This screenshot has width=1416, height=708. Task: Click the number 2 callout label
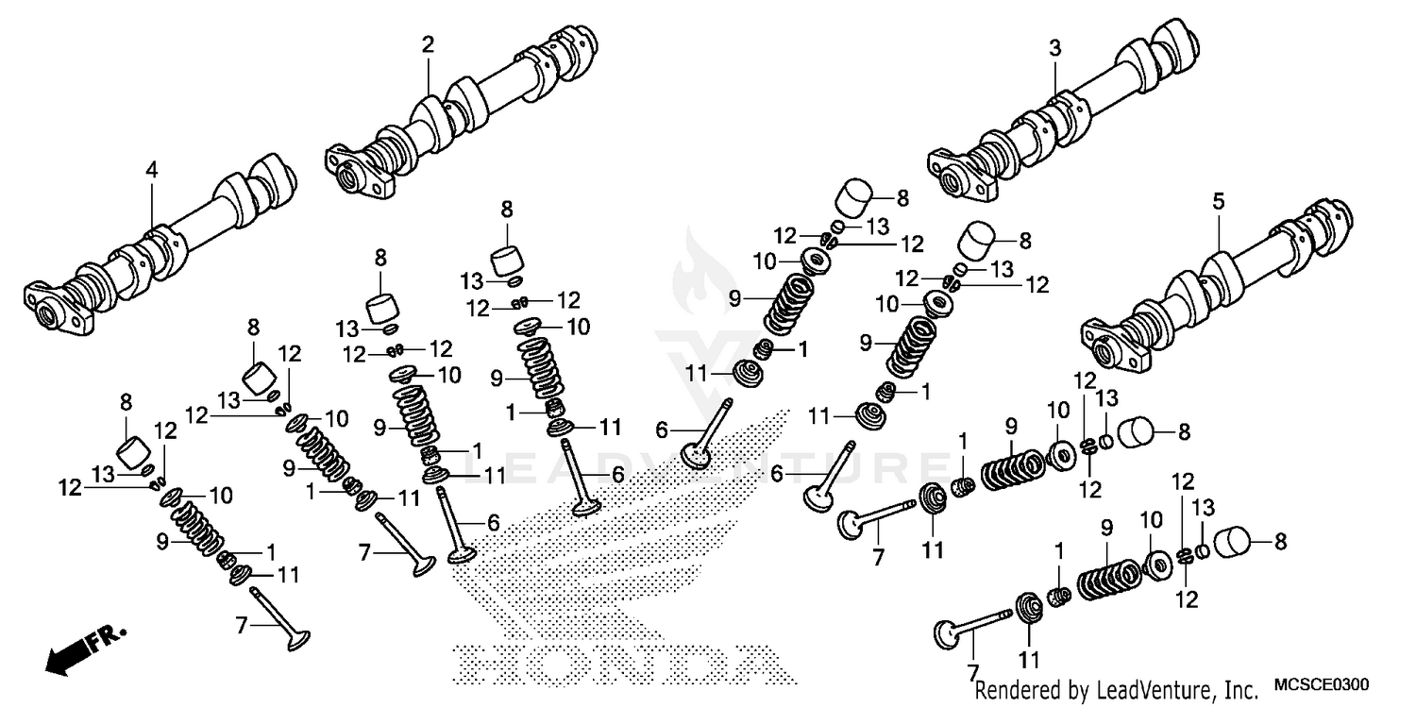(428, 44)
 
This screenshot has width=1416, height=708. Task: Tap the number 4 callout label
(151, 170)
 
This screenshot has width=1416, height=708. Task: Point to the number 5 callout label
(1218, 201)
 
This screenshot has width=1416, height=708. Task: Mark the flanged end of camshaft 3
(963, 175)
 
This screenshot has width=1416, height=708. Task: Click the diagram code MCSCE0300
(1321, 684)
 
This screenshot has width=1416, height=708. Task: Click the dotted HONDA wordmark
(614, 665)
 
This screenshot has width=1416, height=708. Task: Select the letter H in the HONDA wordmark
(486, 665)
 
